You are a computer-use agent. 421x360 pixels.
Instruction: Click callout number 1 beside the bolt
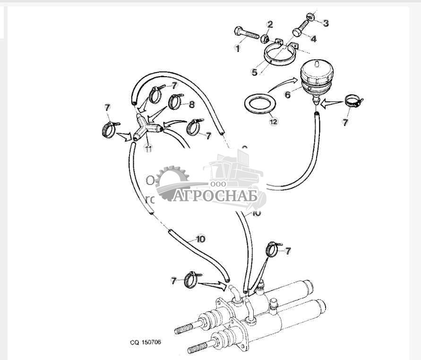(237, 48)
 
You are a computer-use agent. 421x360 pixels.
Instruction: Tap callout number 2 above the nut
(270, 24)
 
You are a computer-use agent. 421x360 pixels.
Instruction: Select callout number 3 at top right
(326, 22)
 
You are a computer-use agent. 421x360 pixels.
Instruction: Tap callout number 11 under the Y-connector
(149, 149)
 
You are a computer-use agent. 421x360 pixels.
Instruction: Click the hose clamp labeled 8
(175, 101)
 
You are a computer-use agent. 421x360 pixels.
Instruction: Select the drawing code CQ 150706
(146, 342)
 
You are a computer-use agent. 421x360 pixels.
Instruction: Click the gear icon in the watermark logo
(172, 182)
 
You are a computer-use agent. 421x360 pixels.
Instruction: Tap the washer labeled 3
(311, 18)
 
